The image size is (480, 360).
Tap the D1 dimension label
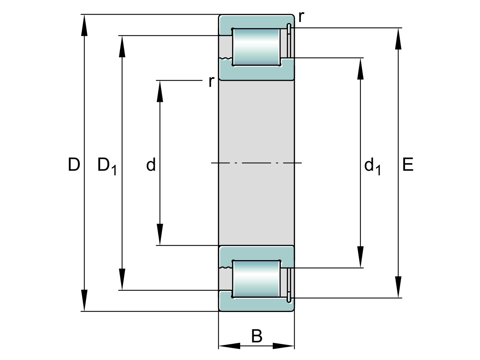tap(106, 166)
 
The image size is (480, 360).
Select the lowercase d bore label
tap(151, 165)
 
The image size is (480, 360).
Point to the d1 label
tap(372, 166)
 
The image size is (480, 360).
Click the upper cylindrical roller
tap(256, 47)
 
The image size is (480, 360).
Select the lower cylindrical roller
tap(256, 279)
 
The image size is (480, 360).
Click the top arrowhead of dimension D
tap(85, 24)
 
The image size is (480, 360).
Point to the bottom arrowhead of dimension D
tap(85, 301)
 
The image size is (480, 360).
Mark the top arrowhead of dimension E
tap(398, 38)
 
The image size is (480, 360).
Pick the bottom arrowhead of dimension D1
tap(122, 280)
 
